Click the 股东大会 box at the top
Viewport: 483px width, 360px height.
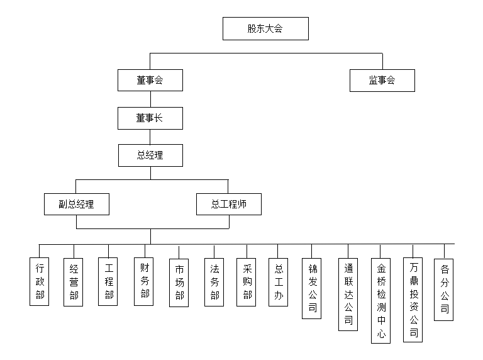tap(265, 29)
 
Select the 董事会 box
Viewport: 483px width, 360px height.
tap(150, 80)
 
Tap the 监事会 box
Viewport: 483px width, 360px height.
tap(382, 81)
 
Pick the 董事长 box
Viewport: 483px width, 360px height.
tap(150, 118)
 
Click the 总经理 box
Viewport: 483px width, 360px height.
tap(151, 155)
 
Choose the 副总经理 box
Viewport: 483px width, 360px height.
tap(77, 204)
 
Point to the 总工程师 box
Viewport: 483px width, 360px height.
tap(229, 204)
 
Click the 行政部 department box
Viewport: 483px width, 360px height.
tap(40, 281)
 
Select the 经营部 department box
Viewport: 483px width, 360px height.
tap(74, 282)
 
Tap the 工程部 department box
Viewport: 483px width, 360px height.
tap(108, 281)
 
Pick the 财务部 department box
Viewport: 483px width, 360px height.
tap(144, 281)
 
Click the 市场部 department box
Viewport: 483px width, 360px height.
tap(179, 283)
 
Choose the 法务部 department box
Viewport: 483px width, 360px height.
tap(214, 282)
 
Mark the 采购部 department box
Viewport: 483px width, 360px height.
tap(246, 282)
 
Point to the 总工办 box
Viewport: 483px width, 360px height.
tap(278, 282)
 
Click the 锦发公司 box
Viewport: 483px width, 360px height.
tap(312, 288)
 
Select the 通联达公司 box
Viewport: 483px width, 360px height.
tap(348, 295)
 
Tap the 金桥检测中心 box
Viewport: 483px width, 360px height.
tap(380, 300)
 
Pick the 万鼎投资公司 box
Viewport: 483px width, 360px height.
tap(413, 300)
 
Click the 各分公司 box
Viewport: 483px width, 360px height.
tap(443, 290)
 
